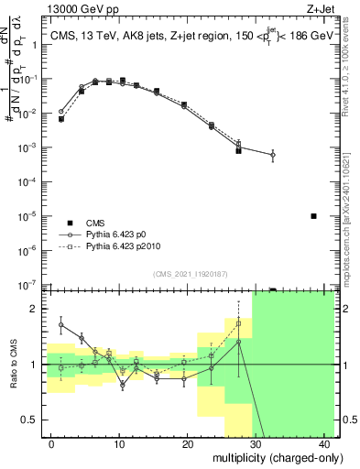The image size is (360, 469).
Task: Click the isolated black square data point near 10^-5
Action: click(313, 216)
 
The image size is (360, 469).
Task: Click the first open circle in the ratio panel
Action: click(61, 324)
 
